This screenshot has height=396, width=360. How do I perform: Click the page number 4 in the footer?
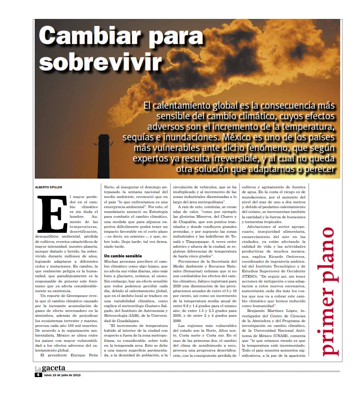pos(39,375)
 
